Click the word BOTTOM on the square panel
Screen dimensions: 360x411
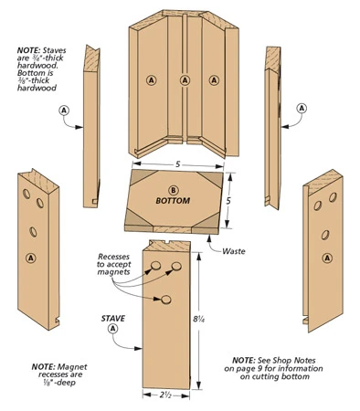[x=173, y=201]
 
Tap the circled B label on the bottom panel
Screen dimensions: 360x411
[x=173, y=190]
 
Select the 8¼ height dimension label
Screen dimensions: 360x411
[x=199, y=319]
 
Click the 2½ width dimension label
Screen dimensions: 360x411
[x=166, y=395]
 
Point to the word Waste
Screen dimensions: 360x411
[x=234, y=251]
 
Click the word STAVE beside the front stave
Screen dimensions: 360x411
[x=113, y=319]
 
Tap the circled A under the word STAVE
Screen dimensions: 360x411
[x=113, y=329]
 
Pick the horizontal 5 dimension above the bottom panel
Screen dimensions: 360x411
[x=178, y=164]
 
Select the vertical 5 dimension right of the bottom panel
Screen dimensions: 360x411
[x=228, y=201]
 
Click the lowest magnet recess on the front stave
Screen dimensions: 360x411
[x=166, y=300]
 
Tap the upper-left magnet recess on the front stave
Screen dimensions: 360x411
[x=155, y=266]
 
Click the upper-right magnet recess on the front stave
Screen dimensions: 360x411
[x=176, y=267]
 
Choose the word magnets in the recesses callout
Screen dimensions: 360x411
[x=114, y=272]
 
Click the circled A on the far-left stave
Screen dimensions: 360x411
[x=31, y=258]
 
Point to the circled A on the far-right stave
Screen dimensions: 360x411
[x=327, y=258]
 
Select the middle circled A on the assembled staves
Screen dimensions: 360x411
[x=185, y=80]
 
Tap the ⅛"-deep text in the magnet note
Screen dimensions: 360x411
[x=58, y=383]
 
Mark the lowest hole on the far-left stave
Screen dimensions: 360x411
[x=33, y=232]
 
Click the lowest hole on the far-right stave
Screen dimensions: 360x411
[x=325, y=235]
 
